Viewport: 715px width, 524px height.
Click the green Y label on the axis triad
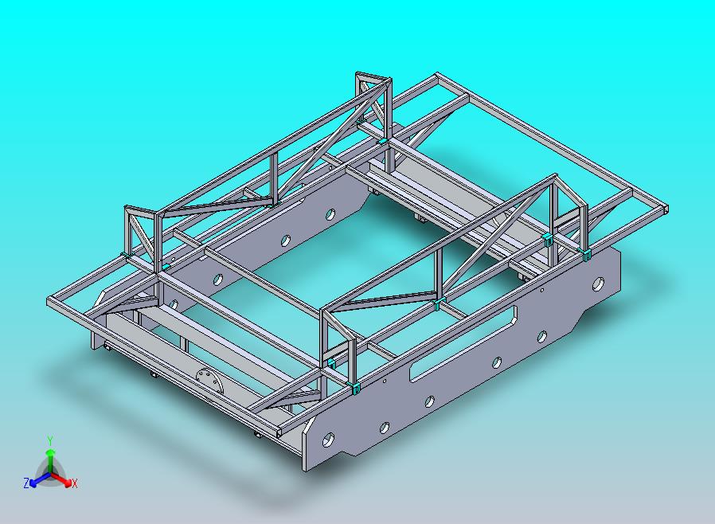50,440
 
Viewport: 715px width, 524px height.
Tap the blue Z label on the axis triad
26,483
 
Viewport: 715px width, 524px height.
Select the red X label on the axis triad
75,483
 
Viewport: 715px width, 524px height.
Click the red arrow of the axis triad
61,479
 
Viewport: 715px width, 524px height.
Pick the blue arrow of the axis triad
40,479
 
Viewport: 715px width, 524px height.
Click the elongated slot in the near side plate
463,342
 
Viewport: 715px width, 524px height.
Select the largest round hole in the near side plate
598,284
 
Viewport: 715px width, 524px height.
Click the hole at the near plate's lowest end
328,440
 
